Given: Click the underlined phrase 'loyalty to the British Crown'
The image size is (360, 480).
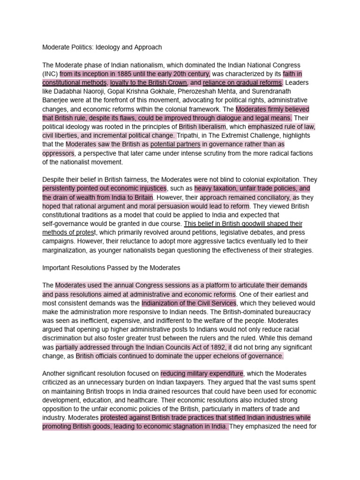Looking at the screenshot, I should tap(149, 83).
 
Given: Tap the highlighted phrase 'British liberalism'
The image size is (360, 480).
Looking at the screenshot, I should tap(202, 127).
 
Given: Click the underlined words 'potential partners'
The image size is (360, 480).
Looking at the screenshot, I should tap(175, 144).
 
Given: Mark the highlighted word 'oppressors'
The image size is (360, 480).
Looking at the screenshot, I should tap(58, 153).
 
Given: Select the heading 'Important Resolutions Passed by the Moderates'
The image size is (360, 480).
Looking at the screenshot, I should tap(111, 268).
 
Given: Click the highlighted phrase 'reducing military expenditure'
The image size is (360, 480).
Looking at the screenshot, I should tap(202, 374).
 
